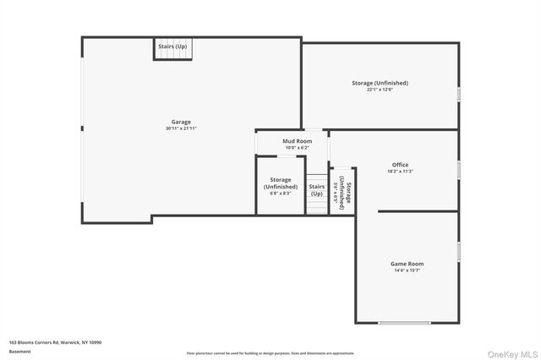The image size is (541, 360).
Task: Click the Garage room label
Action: (x=182, y=122)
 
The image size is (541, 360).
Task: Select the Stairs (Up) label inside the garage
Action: (x=172, y=46)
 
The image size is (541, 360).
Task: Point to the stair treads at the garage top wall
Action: (x=172, y=55)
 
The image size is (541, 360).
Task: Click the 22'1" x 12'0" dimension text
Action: (x=380, y=90)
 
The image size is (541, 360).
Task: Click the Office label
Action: (x=400, y=164)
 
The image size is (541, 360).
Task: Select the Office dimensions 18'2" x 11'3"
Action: (x=400, y=171)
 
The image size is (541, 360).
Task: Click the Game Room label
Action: (x=407, y=264)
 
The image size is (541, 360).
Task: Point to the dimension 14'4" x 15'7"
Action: (x=407, y=270)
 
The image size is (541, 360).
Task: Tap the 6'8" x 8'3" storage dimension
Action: (x=281, y=194)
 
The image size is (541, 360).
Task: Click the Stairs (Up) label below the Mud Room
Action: (x=317, y=190)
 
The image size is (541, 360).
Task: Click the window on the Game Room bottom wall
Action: (x=407, y=323)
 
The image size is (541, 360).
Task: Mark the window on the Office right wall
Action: (x=458, y=168)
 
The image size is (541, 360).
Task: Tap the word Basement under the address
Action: (x=19, y=352)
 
